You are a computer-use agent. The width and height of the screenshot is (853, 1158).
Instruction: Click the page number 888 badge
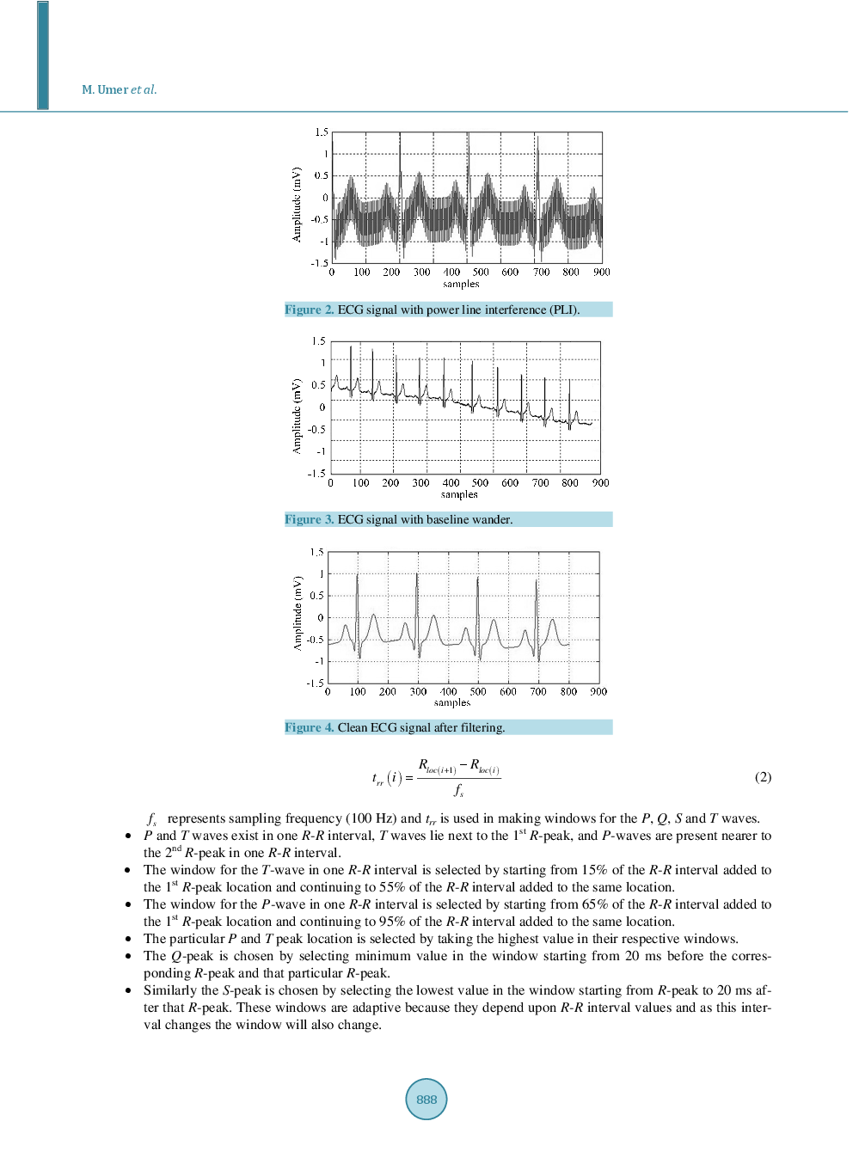coord(426,1099)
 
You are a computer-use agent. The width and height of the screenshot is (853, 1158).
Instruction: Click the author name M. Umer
coord(104,89)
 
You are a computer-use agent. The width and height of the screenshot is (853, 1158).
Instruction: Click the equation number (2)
coord(763,777)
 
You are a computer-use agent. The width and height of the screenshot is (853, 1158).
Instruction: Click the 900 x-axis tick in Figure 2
coord(601,273)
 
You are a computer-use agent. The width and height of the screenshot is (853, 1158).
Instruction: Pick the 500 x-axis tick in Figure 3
coord(480,483)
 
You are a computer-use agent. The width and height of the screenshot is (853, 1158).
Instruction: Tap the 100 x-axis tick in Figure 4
coord(358,692)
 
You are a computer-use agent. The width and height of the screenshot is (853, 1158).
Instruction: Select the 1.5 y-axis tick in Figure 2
coord(321,132)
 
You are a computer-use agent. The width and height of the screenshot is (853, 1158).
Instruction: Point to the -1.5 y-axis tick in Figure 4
coord(315,683)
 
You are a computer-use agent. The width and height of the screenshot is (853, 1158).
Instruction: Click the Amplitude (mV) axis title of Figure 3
coord(298,416)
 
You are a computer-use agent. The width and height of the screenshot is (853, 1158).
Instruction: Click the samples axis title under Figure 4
coord(452,703)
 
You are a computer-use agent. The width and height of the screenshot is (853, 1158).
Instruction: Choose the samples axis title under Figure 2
coord(461,285)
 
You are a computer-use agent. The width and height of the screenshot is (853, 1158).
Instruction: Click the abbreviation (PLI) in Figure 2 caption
coord(562,309)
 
